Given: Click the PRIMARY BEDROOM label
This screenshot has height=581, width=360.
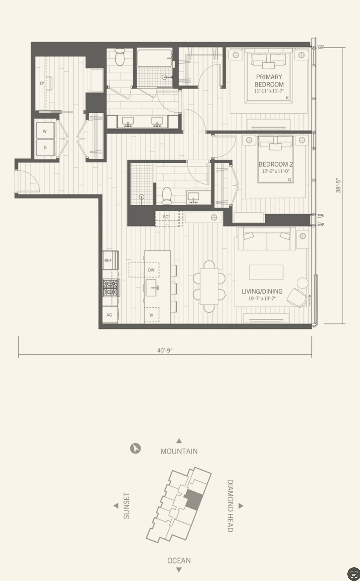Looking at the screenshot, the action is point(269,81).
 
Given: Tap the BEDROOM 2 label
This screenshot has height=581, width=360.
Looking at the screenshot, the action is point(276,164).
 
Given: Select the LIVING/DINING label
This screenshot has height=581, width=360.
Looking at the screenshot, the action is point(262,291).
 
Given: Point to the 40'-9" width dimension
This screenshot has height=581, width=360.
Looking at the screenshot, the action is point(165,350).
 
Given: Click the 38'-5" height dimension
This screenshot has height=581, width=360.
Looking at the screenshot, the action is point(338,186).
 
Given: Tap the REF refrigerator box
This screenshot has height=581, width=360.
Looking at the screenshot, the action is point(108,260).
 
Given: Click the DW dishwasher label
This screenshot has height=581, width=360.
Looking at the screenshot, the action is point(151,270).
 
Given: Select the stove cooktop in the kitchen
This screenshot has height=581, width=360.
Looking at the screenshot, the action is point(110,288).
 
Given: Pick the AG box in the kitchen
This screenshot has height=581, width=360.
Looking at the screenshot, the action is point(110,315).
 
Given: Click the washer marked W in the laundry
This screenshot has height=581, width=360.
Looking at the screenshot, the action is point(45,131).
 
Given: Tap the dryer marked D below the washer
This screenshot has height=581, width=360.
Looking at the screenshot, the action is point(45,148).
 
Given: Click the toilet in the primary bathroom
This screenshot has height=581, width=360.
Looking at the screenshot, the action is point(119,57).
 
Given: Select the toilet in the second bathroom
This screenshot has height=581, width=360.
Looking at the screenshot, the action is point(166,195).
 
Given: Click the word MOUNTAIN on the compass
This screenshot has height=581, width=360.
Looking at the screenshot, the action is point(179,451).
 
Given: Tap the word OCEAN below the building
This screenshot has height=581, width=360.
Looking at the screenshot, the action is point(179,561).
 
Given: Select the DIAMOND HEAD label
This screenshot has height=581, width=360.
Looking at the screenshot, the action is point(230,506).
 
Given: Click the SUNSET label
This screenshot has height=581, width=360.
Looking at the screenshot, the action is point(126,506).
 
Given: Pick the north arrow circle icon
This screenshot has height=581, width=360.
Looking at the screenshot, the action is point(135,448).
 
